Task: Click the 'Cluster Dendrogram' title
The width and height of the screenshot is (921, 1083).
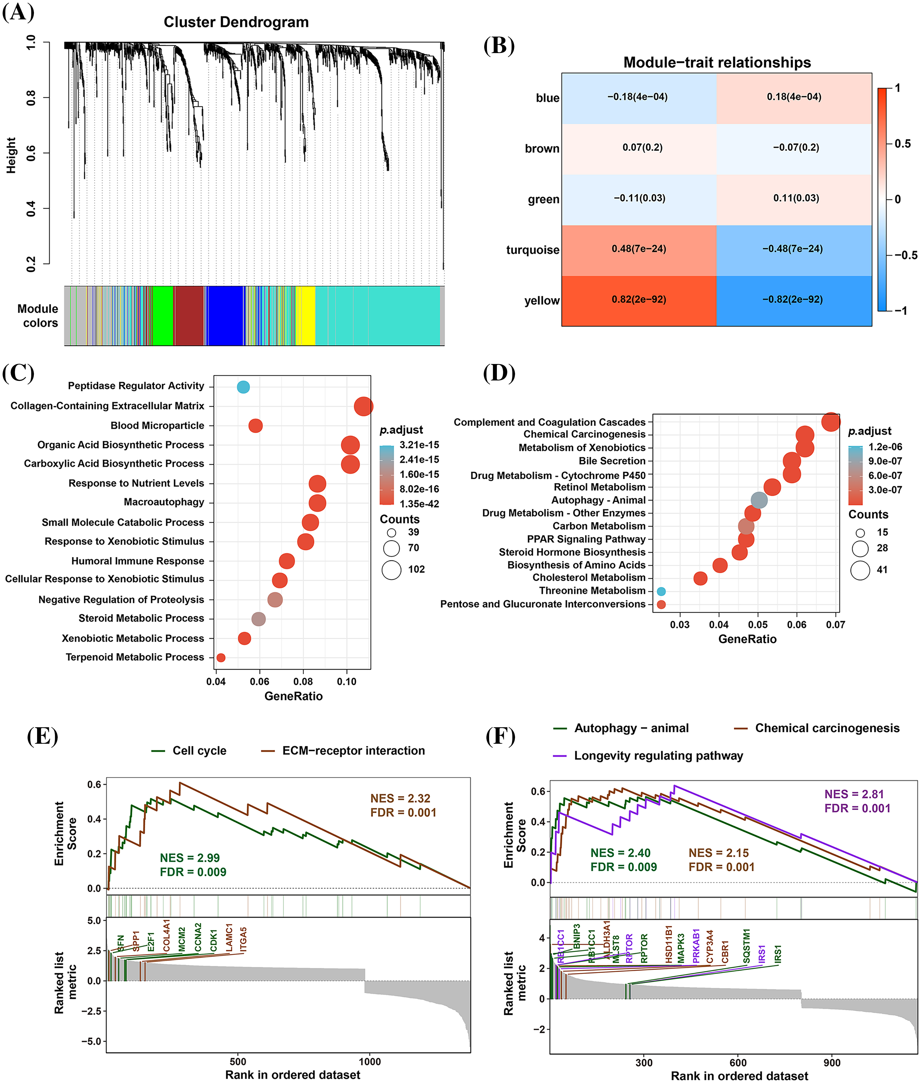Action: point(236,22)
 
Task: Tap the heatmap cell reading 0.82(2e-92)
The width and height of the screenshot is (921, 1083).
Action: point(639,300)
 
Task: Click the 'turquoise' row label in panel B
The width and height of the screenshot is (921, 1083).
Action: point(532,250)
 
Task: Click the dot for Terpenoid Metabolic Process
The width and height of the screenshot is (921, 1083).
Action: point(221,658)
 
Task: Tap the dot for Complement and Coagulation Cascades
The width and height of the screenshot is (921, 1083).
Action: point(831,422)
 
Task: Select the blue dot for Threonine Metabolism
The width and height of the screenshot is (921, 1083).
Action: point(661,591)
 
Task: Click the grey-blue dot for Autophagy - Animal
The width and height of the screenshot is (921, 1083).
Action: point(759,500)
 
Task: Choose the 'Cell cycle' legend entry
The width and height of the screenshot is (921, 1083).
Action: point(199,751)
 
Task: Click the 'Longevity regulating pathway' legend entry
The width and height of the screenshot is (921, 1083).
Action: point(658,756)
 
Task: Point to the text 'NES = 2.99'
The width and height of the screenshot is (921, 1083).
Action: point(190,858)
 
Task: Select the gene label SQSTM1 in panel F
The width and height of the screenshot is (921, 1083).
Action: point(746,946)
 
